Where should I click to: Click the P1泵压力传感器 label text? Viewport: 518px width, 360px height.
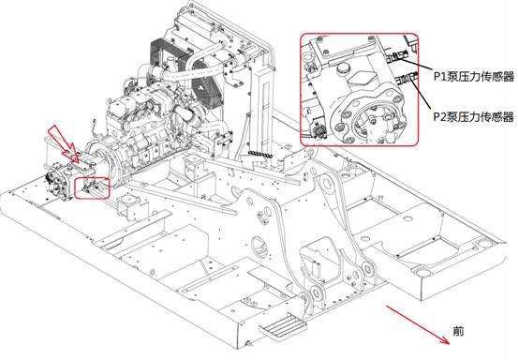474,76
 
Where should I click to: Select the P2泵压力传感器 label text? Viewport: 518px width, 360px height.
474,116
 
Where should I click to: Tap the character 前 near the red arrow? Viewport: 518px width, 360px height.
458,331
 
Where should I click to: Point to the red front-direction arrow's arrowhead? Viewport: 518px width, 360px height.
445,339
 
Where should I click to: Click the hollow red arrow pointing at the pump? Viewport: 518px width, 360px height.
64,143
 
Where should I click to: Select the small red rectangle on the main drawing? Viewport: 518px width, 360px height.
92,187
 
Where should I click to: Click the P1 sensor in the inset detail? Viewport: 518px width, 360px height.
398,57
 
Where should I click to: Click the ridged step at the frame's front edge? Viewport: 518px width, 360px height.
284,324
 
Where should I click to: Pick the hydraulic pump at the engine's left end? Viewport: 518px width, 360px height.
59,181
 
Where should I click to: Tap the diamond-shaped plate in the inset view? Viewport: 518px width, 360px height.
361,80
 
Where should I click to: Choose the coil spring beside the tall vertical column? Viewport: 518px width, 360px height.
260,154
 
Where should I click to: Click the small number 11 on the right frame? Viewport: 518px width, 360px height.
380,198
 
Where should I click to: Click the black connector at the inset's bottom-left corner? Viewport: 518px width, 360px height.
319,131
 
